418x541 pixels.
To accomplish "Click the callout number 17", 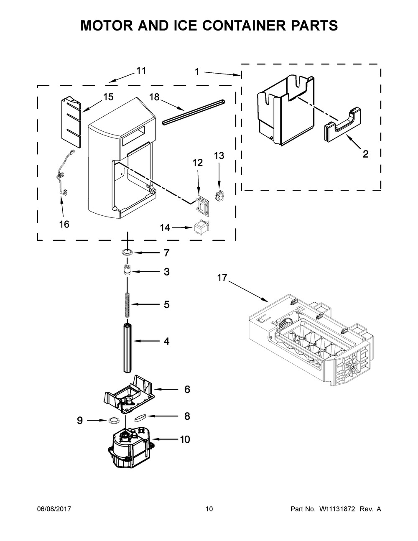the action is click(x=222, y=277).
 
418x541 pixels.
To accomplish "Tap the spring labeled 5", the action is click(x=127, y=304).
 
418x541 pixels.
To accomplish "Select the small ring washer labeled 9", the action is click(x=113, y=420).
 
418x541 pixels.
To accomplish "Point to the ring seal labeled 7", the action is click(x=127, y=253).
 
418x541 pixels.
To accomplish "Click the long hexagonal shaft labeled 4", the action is click(x=127, y=347).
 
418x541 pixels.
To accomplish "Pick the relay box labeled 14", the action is click(x=201, y=228).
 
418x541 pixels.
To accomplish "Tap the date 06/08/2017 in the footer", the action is click(x=54, y=509).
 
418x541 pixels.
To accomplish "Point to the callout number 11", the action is click(x=141, y=71).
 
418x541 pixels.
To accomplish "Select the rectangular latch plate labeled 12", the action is click(x=203, y=204).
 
